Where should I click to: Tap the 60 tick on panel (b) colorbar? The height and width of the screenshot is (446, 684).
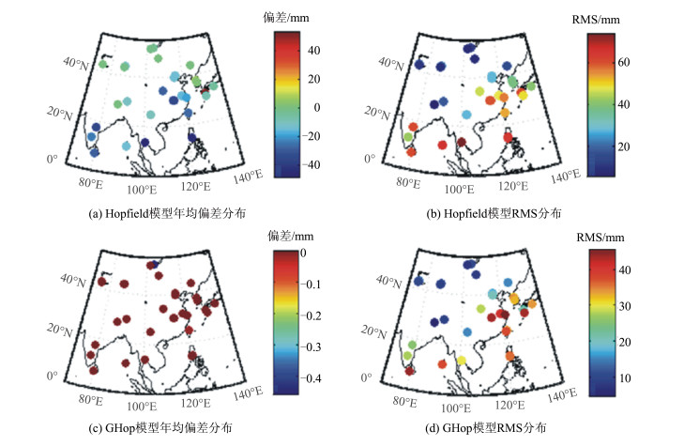point(625,62)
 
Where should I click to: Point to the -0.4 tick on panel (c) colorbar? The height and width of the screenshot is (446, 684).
point(318,378)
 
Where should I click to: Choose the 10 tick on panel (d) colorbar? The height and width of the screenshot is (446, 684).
point(624,377)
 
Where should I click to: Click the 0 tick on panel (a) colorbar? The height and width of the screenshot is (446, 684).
point(310,107)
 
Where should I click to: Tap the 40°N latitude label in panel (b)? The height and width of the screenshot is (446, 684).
point(388,64)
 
